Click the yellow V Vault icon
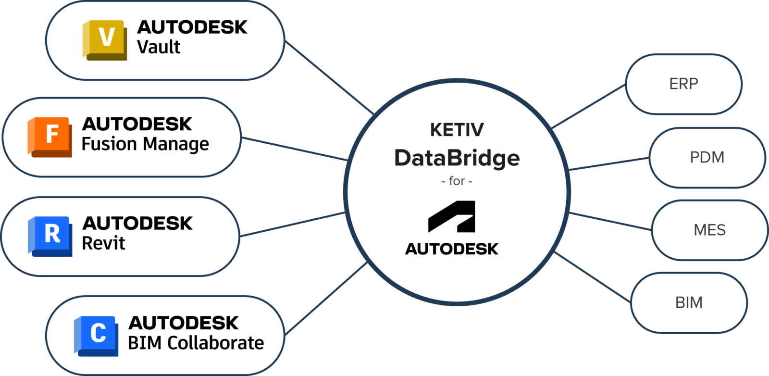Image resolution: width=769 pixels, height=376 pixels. pos(105,40)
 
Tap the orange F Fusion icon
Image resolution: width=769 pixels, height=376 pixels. pos(50,137)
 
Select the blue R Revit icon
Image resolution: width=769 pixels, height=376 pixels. pos(50,236)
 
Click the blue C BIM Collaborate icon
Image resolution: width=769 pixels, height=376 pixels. pos(97,335)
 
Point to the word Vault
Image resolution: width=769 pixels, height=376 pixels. pos(158,47)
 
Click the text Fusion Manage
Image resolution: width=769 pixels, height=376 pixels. pos(145,144)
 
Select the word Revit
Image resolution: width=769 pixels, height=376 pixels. pos(103,243)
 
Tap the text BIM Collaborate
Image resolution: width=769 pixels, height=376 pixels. pos(196,343)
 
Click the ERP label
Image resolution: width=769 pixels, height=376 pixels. pos(683,84)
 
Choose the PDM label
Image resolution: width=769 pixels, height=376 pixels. pos(707,157)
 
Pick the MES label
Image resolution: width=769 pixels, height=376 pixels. pos(709,230)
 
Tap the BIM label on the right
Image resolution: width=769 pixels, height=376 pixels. pos(689,302)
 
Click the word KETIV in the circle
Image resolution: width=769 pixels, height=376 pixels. pos(457,130)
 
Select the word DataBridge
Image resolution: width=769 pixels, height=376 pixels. pos(457,158)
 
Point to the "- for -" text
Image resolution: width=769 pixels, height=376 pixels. pos(457,181)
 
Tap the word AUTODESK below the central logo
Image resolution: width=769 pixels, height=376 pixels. pos(452,249)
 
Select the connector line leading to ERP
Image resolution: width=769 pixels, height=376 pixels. pos(589,106)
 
